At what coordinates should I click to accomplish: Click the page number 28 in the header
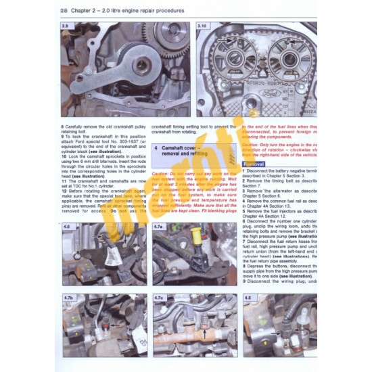[x=64, y=11]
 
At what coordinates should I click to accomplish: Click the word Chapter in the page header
[x=85, y=11]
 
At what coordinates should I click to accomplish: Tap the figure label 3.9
[x=66, y=26]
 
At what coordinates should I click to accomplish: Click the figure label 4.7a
[x=159, y=227]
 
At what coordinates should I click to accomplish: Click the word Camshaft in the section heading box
[x=177, y=147]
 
